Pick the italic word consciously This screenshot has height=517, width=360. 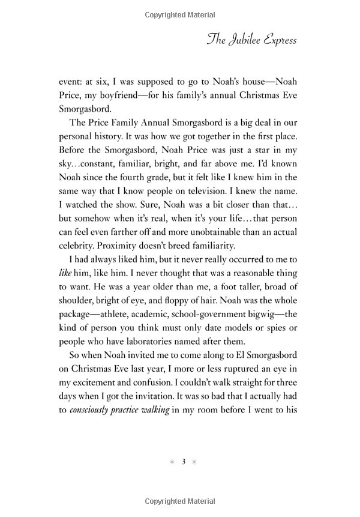pyautogui.click(x=95, y=430)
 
